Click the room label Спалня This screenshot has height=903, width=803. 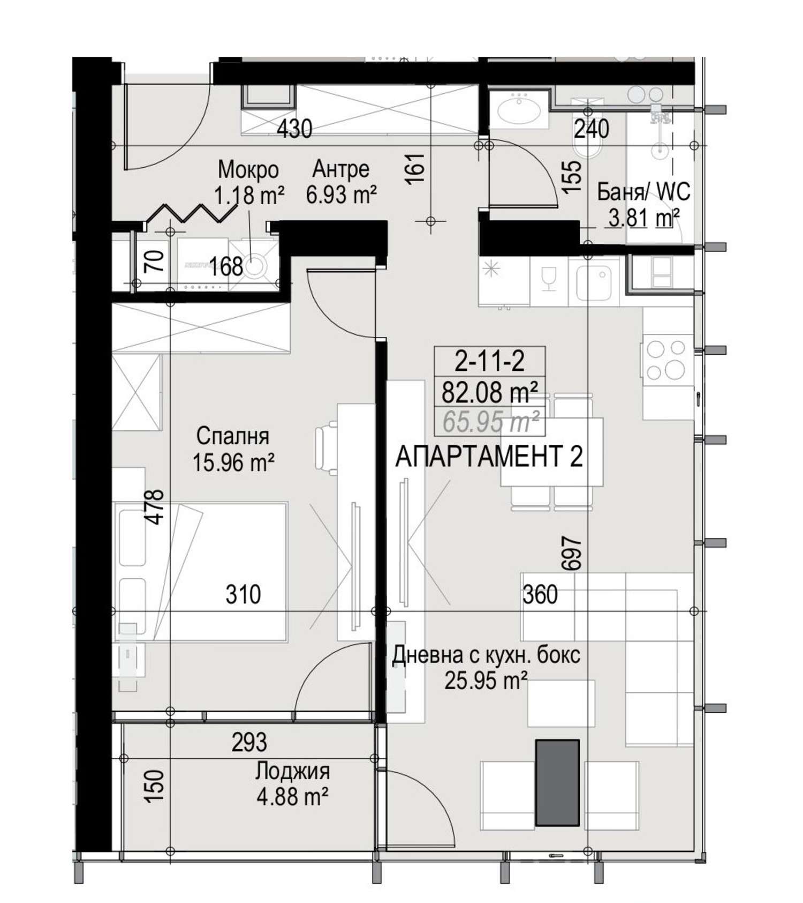232,436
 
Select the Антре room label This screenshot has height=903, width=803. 341,169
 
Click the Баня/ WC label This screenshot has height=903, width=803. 643,191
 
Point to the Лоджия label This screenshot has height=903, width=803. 292,771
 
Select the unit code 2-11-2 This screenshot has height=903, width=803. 490,362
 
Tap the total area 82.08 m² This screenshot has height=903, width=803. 490,392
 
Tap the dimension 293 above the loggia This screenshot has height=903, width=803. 249,742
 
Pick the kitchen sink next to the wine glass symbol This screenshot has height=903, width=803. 594,281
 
